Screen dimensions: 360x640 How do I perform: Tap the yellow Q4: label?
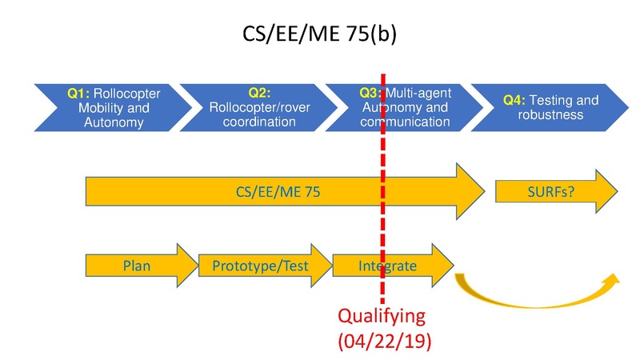514,101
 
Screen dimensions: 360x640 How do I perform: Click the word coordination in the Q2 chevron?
253,122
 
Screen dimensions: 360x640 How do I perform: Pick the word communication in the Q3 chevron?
405,122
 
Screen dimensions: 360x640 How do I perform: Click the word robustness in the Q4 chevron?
550,114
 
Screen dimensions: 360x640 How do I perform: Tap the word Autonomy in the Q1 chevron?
115,122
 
